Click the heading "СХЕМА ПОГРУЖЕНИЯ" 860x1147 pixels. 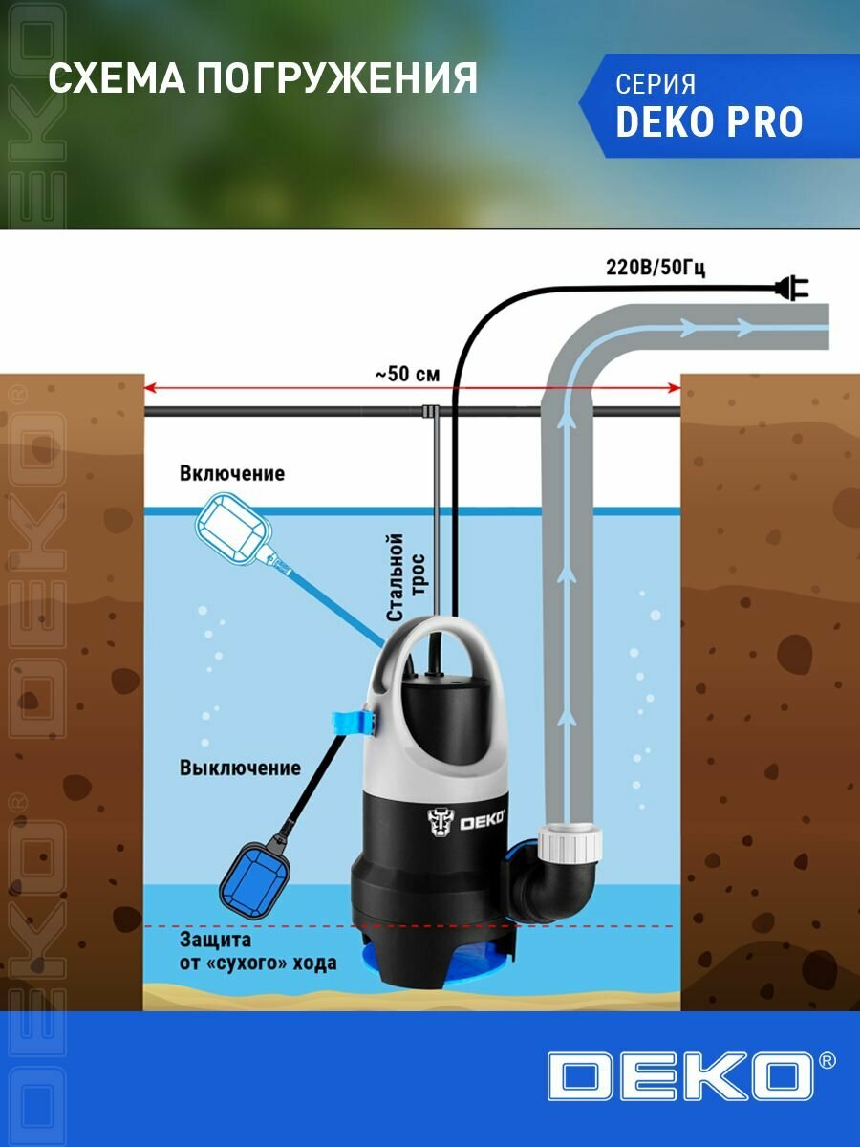[x=263, y=78]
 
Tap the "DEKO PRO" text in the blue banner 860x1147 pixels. [x=709, y=122]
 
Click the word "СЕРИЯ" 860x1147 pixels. [x=656, y=84]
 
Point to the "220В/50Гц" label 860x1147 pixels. [x=656, y=268]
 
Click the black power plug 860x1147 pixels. [x=792, y=285]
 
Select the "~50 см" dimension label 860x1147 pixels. [x=407, y=374]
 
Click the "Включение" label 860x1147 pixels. [x=231, y=474]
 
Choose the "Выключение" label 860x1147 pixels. [x=240, y=768]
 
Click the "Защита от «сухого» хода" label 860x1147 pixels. [x=257, y=952]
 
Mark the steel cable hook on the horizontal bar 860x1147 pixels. [x=430, y=413]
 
